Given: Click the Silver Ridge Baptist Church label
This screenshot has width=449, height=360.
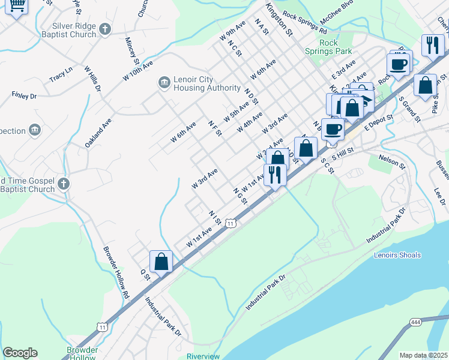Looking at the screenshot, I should (74, 30).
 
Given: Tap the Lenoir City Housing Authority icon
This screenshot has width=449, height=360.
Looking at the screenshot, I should (164, 83).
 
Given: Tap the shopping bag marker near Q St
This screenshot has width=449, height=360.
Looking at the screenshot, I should (161, 262).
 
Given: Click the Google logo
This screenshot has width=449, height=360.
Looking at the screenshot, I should (20, 353).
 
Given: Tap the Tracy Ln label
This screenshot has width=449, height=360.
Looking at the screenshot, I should (61, 77).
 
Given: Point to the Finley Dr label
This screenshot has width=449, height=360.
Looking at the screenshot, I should (24, 95).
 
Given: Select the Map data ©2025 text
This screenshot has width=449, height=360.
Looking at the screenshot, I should (423, 355).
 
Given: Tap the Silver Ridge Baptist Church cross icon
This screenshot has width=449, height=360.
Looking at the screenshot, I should (104, 29).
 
